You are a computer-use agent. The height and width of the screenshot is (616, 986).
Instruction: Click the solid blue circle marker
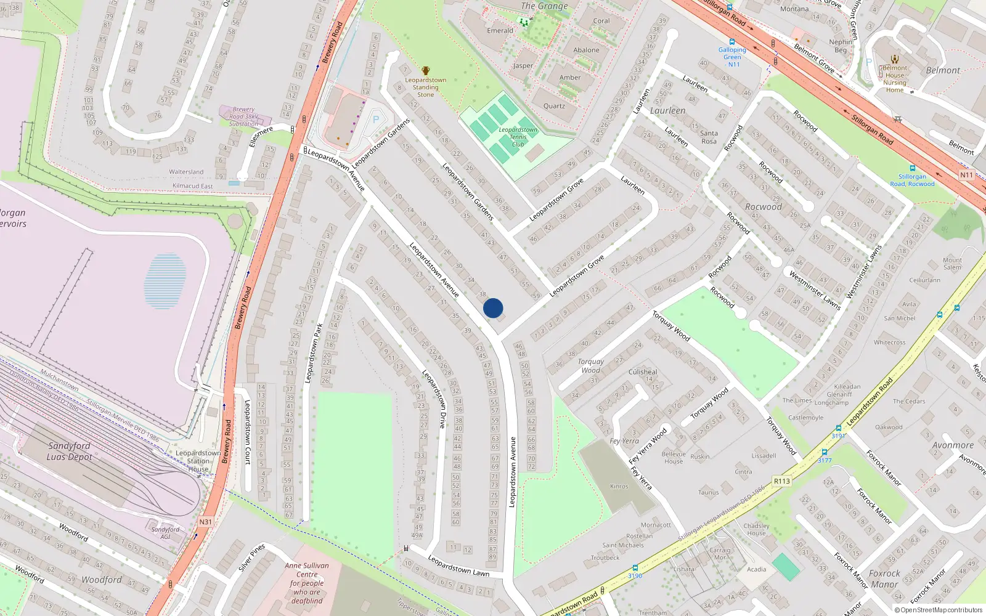[x=493, y=308]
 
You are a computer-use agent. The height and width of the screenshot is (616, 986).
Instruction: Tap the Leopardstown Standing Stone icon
[x=425, y=71]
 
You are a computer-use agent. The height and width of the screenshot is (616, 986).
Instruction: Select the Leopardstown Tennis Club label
[x=518, y=137]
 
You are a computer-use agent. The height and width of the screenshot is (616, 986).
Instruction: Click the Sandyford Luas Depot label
[x=69, y=451]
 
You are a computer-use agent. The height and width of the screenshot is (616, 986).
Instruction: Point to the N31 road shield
[x=205, y=522]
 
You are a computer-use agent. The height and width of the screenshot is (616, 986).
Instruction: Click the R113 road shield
[x=781, y=481]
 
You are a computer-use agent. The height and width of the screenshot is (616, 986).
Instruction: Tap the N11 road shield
[x=966, y=175]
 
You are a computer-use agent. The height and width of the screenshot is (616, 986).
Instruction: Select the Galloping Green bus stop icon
[x=732, y=42]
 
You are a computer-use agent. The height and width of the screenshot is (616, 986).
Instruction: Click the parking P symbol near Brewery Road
[x=375, y=120]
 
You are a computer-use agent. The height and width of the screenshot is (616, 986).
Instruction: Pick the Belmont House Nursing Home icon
[x=895, y=59]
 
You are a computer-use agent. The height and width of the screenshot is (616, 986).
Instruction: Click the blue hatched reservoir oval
[x=165, y=281]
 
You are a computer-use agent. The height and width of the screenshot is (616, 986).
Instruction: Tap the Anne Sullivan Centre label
[x=307, y=583]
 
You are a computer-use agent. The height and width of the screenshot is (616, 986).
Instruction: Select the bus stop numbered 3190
[x=635, y=568]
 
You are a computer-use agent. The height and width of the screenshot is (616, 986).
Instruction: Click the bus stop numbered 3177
[x=825, y=452]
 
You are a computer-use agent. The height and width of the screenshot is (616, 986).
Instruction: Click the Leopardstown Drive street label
[x=434, y=399]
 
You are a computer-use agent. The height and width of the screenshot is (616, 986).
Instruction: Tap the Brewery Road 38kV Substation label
[x=243, y=116]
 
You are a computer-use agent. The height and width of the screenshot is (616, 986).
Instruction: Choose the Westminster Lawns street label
[x=815, y=290]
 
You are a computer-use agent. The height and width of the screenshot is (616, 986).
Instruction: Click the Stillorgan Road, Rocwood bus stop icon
[x=912, y=168]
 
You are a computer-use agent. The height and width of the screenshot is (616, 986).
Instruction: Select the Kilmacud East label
[x=192, y=186]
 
